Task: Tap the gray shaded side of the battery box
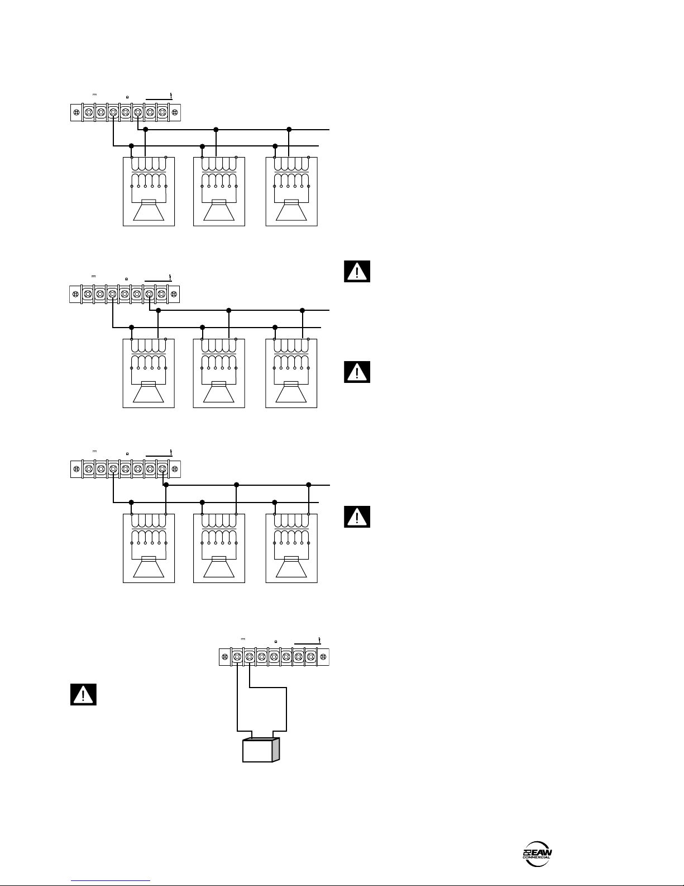(x=275, y=749)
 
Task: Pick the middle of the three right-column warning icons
(x=357, y=372)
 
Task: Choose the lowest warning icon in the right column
(x=357, y=517)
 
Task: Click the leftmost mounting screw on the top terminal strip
(x=76, y=113)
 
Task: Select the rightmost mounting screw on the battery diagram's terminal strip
(x=323, y=657)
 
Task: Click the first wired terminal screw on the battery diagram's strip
(x=237, y=657)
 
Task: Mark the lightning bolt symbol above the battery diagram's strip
(x=319, y=639)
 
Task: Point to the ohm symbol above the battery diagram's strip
(x=276, y=641)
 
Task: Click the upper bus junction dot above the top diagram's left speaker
(x=145, y=129)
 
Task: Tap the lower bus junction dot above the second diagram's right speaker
(x=275, y=327)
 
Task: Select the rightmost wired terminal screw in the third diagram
(x=162, y=468)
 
